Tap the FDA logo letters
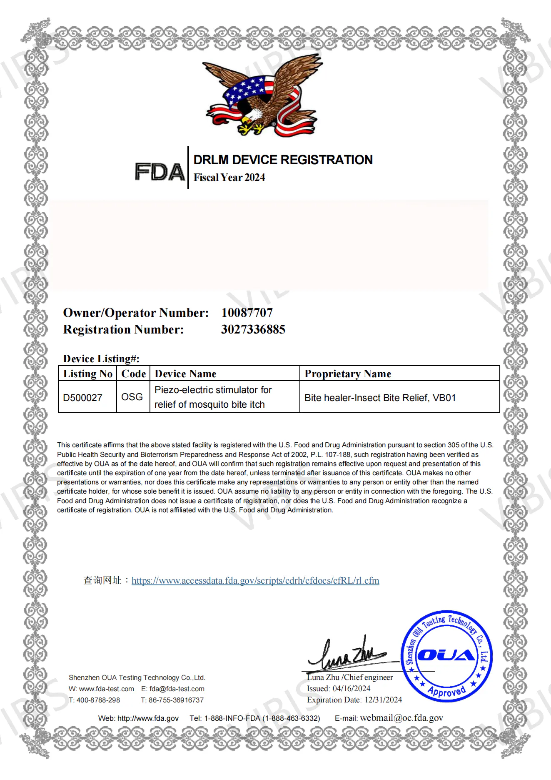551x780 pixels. [x=160, y=172]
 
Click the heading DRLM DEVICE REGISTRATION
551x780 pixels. [x=283, y=160]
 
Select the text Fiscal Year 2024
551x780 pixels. [x=229, y=178]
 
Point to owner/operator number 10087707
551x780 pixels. [x=247, y=313]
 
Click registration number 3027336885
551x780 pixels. [x=253, y=329]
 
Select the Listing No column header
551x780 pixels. [x=87, y=374]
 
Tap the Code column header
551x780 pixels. [x=133, y=374]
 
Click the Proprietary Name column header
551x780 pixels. [x=348, y=374]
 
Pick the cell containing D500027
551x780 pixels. [x=82, y=398]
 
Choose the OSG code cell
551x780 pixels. [x=132, y=397]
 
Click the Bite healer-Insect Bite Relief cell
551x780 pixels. [x=380, y=398]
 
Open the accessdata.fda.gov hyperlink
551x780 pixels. [x=255, y=580]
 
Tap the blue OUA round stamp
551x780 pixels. [x=446, y=656]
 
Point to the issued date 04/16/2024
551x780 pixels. [x=352, y=688]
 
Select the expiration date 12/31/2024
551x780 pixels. [x=383, y=700]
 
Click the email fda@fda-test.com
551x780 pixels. [x=177, y=689]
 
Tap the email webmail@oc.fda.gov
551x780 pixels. [x=401, y=718]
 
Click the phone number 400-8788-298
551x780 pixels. [x=98, y=700]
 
